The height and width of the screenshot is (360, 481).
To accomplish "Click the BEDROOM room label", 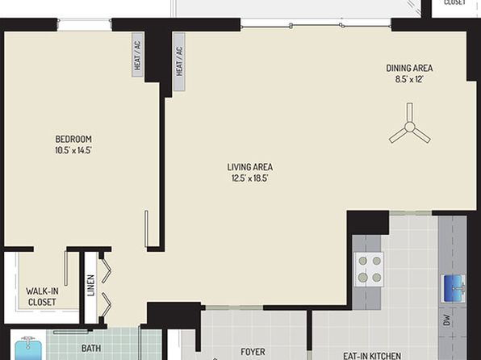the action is [73, 139].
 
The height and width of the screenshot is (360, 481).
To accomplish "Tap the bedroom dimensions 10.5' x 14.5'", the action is [73, 150].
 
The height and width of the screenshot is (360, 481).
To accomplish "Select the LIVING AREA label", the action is [250, 167].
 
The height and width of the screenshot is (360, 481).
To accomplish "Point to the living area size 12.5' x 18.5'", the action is [250, 178].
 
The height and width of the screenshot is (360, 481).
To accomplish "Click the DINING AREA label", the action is [409, 68].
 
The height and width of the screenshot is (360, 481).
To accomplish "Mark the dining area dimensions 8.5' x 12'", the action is [409, 79].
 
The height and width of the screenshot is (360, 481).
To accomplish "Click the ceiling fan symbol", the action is [410, 124].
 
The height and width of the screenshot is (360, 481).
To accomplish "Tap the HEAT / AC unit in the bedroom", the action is [138, 55].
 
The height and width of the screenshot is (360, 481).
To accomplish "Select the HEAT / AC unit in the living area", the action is [179, 61].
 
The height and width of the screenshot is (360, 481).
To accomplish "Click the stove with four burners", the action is [370, 270].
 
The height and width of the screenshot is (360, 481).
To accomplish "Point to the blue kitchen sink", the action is [453, 288].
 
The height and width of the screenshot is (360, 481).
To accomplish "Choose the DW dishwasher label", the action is [447, 320].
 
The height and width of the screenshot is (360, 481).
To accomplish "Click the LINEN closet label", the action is [91, 285].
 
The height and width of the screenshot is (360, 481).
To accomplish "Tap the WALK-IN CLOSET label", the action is [42, 296].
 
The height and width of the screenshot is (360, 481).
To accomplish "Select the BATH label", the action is [91, 349].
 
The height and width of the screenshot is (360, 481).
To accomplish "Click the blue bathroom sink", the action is [28, 349].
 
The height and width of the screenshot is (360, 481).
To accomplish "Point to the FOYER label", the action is [253, 351].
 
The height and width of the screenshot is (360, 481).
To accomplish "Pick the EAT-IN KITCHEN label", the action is [372, 356].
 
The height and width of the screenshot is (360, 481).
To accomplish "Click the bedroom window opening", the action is [85, 24].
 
